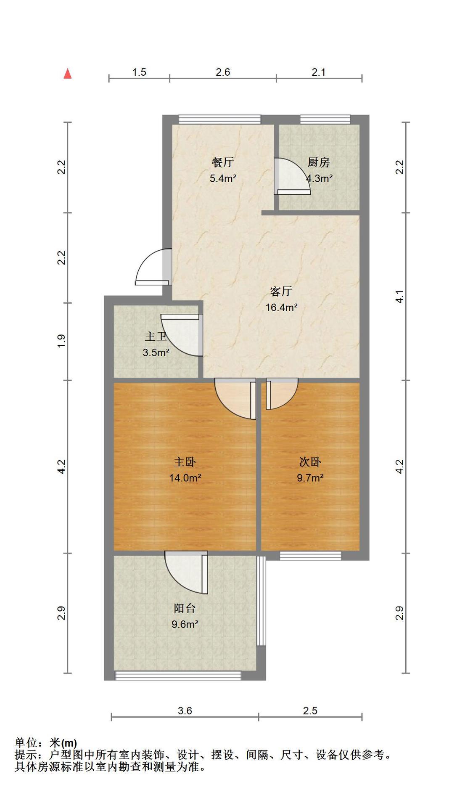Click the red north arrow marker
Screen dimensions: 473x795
[x=67, y=74]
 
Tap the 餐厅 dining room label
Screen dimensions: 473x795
[x=223, y=162]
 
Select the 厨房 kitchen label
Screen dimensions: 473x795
[x=318, y=162]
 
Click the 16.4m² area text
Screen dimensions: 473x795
[x=281, y=307]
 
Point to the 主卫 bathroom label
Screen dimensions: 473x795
[x=156, y=337]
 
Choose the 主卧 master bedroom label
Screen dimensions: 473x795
[x=185, y=462]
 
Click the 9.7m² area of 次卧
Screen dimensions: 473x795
[x=310, y=478]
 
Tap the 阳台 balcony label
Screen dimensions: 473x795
[x=185, y=608]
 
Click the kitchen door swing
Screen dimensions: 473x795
[x=292, y=177]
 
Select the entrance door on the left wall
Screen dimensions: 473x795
[x=153, y=267]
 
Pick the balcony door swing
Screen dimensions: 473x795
[x=186, y=572]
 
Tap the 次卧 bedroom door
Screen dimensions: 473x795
[x=282, y=394]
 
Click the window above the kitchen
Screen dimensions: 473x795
[x=325, y=119]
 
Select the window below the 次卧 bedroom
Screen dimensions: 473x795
[x=310, y=556]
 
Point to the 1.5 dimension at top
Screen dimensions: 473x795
[x=139, y=72]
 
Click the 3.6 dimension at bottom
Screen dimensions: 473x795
[x=185, y=710]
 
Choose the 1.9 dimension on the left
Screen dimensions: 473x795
[x=61, y=341]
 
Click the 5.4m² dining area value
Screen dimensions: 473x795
[x=223, y=178]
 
